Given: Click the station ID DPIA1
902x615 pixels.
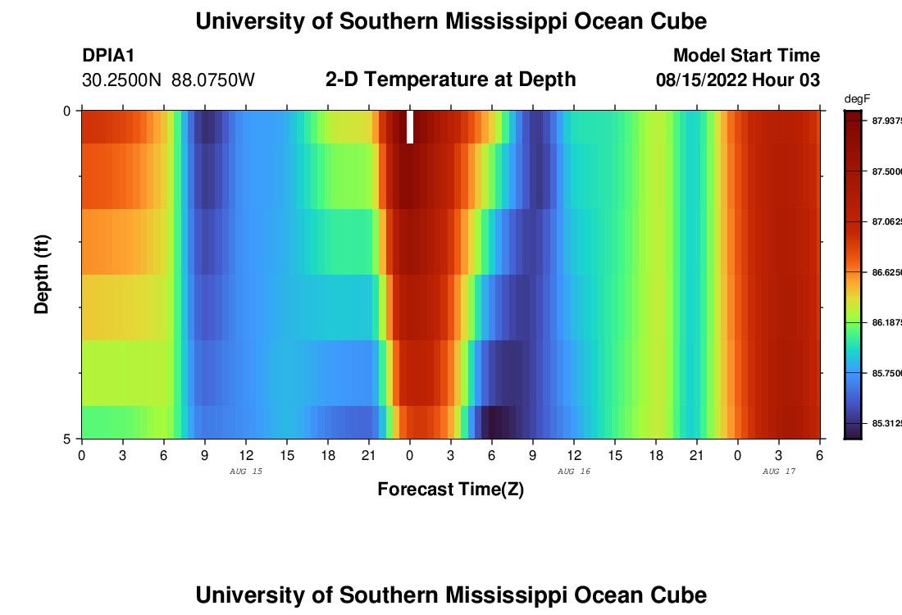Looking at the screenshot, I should coord(108,56).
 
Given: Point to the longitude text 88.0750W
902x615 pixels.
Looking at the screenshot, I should coord(213,80).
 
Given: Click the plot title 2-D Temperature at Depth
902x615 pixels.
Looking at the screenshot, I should coord(450,80).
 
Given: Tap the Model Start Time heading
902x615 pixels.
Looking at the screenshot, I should coord(746,56).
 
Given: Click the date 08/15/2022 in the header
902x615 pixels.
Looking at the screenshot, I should coord(699,80).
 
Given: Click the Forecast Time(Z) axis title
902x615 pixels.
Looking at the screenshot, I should coord(450,490).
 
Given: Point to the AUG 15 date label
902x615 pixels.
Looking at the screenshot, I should coord(246,471).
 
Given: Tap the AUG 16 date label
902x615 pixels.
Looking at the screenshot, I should coord(574,471).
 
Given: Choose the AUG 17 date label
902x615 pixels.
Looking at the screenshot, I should coord(779,471).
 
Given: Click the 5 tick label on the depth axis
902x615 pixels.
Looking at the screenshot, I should coord(66,439).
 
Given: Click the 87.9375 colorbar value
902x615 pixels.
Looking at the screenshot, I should coord(886,121).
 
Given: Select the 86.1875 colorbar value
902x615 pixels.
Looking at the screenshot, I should coord(886,323).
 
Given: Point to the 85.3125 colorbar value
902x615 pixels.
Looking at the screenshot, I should coord(886,424).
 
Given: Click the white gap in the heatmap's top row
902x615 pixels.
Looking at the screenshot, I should coord(410,127).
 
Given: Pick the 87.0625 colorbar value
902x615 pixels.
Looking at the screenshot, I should coord(886,221).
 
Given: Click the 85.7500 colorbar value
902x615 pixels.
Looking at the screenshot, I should coord(886,373).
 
